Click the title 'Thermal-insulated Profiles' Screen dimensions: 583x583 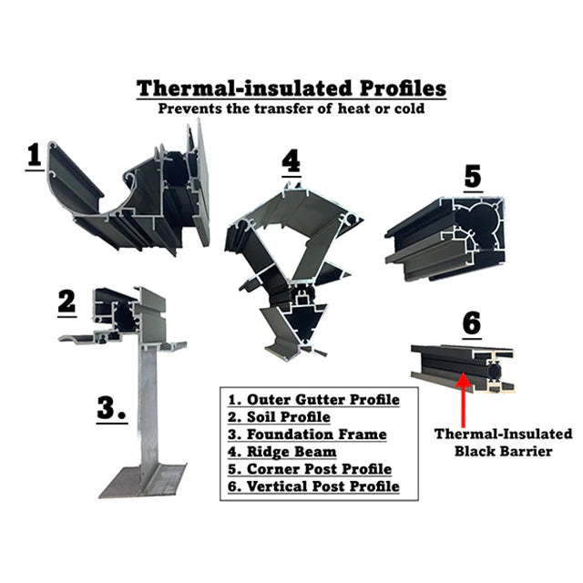(x=291, y=89)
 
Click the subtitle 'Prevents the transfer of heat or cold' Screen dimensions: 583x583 (x=291, y=108)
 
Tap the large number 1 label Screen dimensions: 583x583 (x=35, y=155)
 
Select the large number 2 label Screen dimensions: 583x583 (x=66, y=302)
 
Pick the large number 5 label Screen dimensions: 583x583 (x=473, y=177)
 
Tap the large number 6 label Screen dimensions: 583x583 (x=472, y=323)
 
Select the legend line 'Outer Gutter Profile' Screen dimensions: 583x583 (x=313, y=400)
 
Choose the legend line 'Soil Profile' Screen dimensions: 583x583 (x=279, y=417)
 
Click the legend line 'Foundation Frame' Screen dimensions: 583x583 (x=307, y=435)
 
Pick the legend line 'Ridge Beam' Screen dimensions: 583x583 (x=282, y=452)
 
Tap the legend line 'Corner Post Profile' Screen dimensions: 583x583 (x=310, y=469)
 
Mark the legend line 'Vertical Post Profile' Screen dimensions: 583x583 (x=313, y=486)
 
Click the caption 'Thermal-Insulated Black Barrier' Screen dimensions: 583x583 (x=504, y=443)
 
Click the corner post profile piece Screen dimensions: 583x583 (x=445, y=238)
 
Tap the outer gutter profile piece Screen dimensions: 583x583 (x=128, y=193)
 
